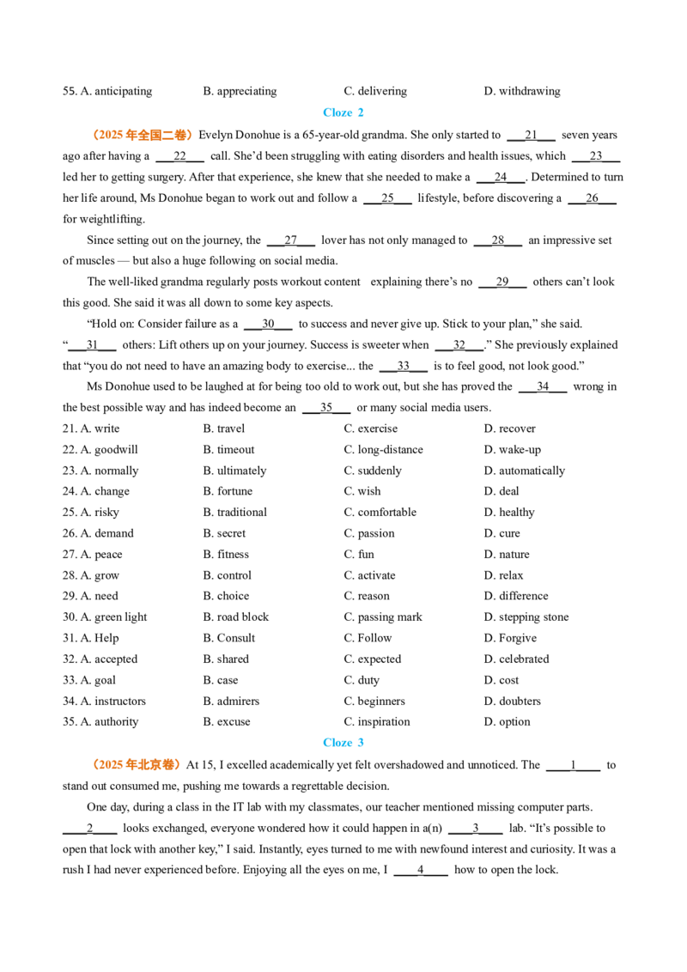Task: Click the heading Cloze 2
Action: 343,112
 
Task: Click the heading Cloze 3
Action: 343,742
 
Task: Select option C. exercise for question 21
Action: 371,428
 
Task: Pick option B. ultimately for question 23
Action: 234,471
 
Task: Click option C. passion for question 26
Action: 369,533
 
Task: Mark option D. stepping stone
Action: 526,617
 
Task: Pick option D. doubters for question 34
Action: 512,702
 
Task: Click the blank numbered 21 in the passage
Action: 531,136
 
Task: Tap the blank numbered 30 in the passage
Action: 268,325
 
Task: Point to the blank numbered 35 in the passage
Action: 326,408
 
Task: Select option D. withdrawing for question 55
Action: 522,91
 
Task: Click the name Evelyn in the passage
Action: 216,135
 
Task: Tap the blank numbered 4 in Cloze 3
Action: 421,871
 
